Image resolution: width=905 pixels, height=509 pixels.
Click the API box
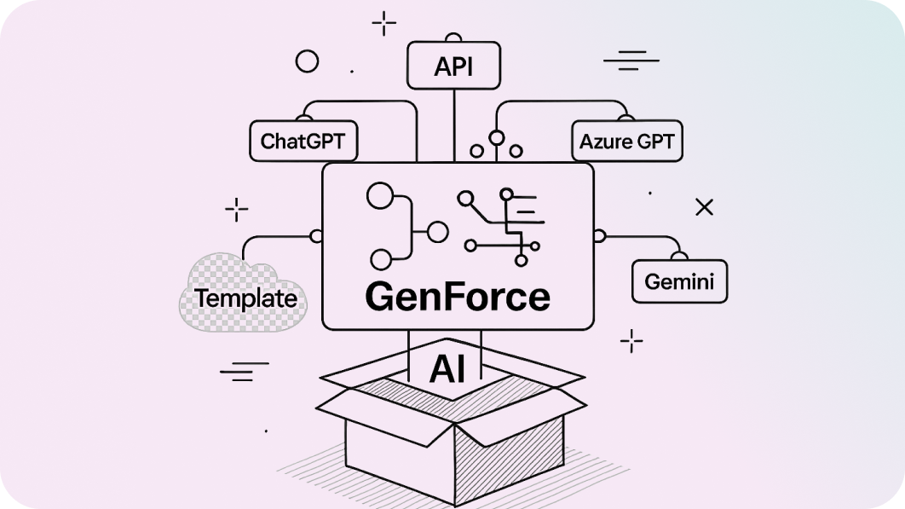(452, 66)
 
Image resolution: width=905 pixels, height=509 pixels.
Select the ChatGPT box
(303, 141)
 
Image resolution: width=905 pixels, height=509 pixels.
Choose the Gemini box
(679, 281)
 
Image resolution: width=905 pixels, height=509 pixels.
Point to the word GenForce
(457, 297)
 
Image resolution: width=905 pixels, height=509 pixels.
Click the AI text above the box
(447, 368)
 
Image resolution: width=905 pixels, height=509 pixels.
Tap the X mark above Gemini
(704, 206)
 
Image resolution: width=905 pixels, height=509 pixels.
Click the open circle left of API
(306, 61)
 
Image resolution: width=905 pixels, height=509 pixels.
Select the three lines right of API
(631, 61)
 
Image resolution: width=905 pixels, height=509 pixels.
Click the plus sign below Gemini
(631, 341)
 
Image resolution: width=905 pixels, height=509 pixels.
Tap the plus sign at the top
(384, 23)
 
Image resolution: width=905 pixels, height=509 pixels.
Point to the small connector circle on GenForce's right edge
(598, 235)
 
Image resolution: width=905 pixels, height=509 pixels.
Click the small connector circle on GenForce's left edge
(317, 235)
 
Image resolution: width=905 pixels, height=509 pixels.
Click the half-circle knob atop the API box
(453, 38)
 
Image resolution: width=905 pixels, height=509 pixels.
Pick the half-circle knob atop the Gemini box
(679, 255)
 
